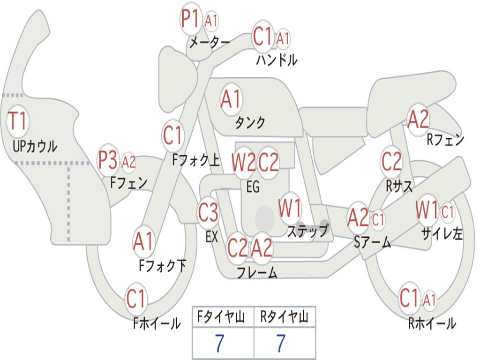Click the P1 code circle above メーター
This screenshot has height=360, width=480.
pyautogui.click(x=191, y=20)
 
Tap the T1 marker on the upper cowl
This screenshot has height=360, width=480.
pyautogui.click(x=18, y=121)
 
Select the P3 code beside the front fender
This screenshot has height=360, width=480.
pyautogui.click(x=108, y=161)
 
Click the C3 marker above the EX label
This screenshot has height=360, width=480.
pyautogui.click(x=208, y=213)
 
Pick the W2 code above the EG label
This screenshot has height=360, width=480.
pyautogui.click(x=243, y=163)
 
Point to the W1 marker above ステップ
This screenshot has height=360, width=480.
pyautogui.click(x=290, y=209)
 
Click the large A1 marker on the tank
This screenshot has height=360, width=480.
pyautogui.click(x=231, y=99)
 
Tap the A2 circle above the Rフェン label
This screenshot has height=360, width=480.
pyautogui.click(x=418, y=120)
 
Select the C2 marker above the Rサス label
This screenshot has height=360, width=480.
pyautogui.click(x=391, y=162)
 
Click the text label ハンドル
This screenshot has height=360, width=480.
pyautogui.click(x=277, y=60)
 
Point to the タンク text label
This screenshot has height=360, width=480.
pyautogui.click(x=250, y=123)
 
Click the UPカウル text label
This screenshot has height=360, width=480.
pyautogui.click(x=35, y=146)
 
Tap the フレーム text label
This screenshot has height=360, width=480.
pyautogui.click(x=256, y=272)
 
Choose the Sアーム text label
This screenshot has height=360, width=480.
pyautogui.click(x=373, y=242)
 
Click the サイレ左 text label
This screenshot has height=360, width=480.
pyautogui.click(x=442, y=233)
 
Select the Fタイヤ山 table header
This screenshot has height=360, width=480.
pyautogui.click(x=223, y=318)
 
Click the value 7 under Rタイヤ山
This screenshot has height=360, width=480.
pyautogui.click(x=281, y=344)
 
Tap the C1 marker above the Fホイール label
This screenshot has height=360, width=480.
pyautogui.click(x=136, y=299)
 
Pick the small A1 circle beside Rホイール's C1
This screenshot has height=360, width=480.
pyautogui.click(x=429, y=300)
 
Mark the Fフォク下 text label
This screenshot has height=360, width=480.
pyautogui.click(x=163, y=266)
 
